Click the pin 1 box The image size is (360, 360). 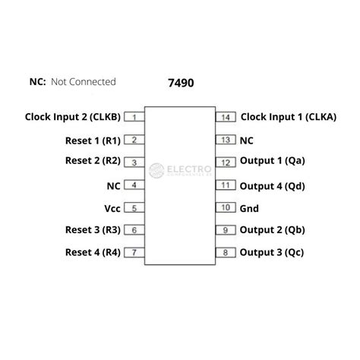[x=134, y=117]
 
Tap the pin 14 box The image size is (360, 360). [x=226, y=117]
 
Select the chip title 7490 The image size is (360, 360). [x=181, y=83]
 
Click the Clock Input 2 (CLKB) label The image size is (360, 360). [x=73, y=117]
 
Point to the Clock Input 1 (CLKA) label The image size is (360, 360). [x=289, y=117]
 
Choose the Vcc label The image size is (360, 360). [x=112, y=209]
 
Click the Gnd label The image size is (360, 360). [x=249, y=209]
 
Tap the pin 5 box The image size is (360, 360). [x=134, y=208]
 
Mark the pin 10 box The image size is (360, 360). [x=226, y=207]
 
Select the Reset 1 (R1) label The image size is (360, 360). [x=93, y=141]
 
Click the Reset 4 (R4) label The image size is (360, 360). [x=93, y=252]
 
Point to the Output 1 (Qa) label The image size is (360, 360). [x=272, y=161]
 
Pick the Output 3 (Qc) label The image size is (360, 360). [x=272, y=252]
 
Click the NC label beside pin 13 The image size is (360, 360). [x=246, y=141]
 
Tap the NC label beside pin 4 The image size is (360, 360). [x=113, y=186]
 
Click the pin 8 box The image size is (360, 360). [x=226, y=252]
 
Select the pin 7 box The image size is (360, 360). [x=134, y=252]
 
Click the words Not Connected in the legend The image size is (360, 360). [x=84, y=82]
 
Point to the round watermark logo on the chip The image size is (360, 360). [x=156, y=170]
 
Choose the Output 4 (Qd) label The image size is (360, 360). [x=272, y=186]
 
